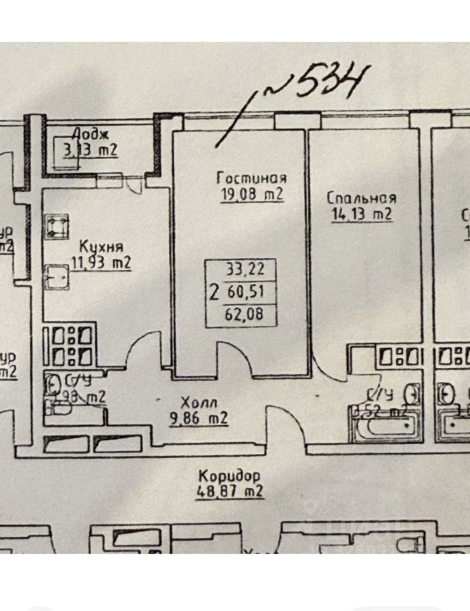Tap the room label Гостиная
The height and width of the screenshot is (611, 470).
click(x=251, y=179)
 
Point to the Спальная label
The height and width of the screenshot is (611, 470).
click(x=363, y=198)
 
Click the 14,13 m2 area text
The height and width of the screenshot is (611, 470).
click(x=361, y=214)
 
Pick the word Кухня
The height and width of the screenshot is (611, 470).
click(x=101, y=247)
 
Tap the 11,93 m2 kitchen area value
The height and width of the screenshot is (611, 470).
click(x=101, y=262)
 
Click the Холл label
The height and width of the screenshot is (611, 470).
click(x=198, y=403)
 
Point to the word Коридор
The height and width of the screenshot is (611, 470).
click(x=230, y=476)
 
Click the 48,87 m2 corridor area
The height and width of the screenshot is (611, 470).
click(x=230, y=491)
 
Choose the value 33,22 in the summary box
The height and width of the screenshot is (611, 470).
click(x=244, y=269)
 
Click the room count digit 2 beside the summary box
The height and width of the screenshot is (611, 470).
click(x=215, y=292)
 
